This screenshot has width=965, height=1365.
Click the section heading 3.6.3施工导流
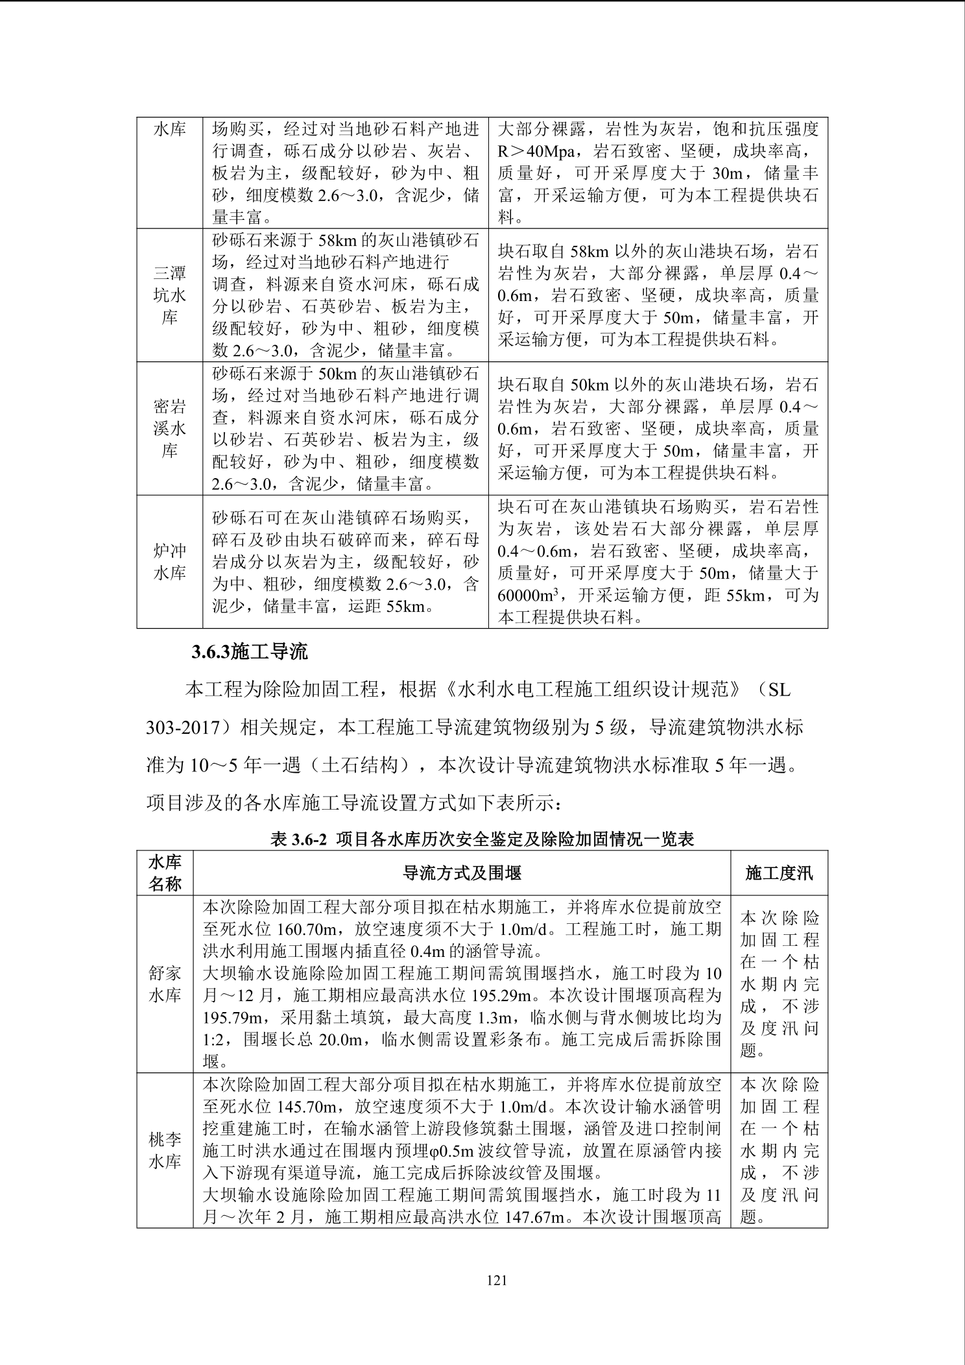(249, 652)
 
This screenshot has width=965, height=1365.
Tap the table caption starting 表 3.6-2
(482, 840)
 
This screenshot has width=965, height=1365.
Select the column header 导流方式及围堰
(462, 873)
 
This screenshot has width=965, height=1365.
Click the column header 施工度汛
(778, 873)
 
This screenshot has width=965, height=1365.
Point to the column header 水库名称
(165, 873)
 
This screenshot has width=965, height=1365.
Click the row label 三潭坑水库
(169, 295)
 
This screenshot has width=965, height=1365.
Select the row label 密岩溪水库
(169, 429)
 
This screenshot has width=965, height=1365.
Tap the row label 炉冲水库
(169, 562)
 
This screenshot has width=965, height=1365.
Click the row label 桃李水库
(165, 1150)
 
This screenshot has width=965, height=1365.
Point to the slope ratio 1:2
(213, 1039)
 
